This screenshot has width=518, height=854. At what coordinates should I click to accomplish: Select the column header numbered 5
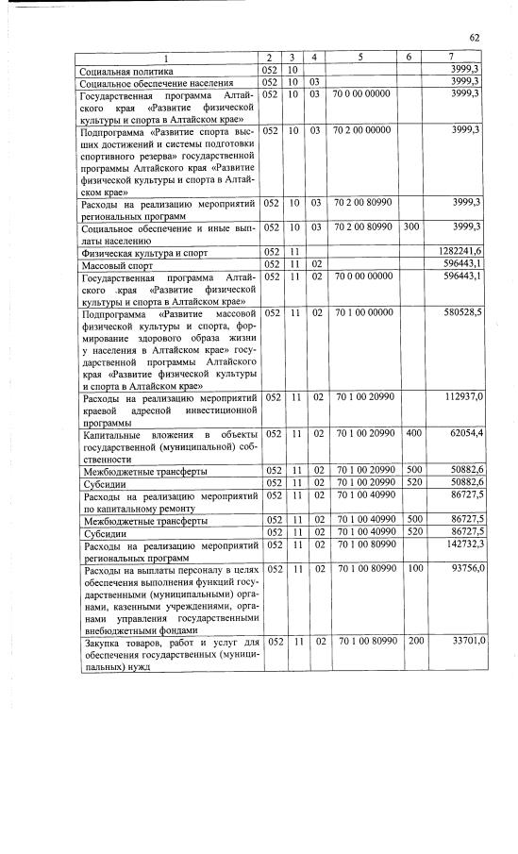pyautogui.click(x=359, y=59)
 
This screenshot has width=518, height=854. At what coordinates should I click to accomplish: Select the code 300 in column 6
pyautogui.click(x=409, y=227)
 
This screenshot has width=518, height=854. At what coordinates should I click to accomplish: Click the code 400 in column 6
pyautogui.click(x=409, y=433)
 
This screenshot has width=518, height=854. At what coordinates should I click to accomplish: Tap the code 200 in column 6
pyautogui.click(x=409, y=642)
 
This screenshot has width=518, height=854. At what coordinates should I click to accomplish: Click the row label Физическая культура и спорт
pyautogui.click(x=142, y=253)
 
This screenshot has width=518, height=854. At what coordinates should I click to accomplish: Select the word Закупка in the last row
pyautogui.click(x=105, y=642)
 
